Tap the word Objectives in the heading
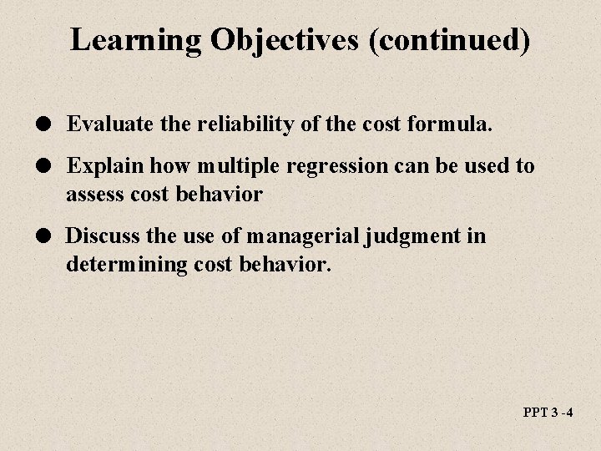pyautogui.click(x=265, y=39)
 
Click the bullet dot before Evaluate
pyautogui.click(x=52, y=125)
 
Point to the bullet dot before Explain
pyautogui.click(x=52, y=166)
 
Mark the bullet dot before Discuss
pyautogui.click(x=52, y=236)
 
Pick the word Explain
pyautogui.click(x=99, y=165)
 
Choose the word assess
pyautogui.click(x=93, y=195)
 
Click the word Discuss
pyautogui.click(x=98, y=236)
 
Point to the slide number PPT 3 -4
pyautogui.click(x=548, y=413)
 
